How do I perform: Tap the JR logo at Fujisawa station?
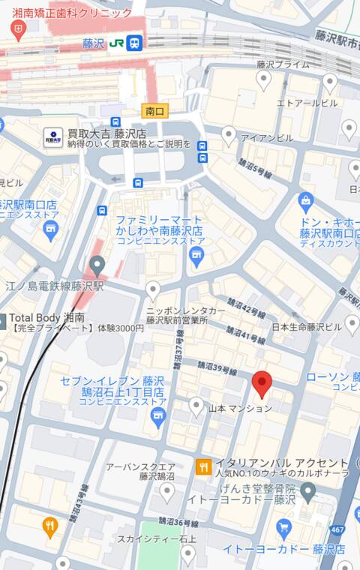pos(116,43)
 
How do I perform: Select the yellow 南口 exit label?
pos(154,111)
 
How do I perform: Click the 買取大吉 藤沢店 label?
pos(105,133)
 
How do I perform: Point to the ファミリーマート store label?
pos(160,220)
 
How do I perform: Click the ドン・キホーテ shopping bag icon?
pos(305,201)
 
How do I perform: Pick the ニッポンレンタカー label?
pos(185,310)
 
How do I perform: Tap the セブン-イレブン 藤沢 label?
pos(112,380)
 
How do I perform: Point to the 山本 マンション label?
pos(240,409)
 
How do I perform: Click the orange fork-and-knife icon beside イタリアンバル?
pos(203,467)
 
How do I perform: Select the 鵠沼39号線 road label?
pos(217,368)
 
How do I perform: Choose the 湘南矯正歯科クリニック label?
pos(72,13)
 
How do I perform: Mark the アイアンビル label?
pos(267,138)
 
